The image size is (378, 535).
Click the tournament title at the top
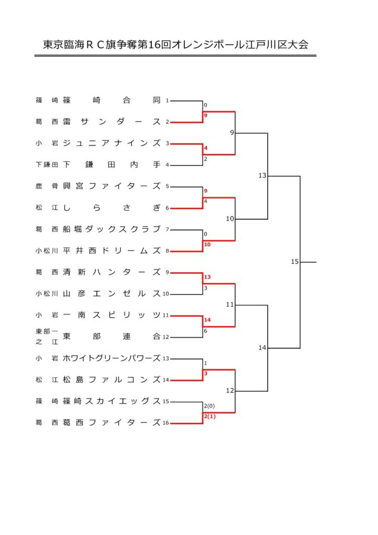[x=175, y=44]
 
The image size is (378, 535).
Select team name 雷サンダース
[x=112, y=121]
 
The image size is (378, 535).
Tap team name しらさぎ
[x=112, y=207]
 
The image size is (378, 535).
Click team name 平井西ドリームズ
[x=112, y=250]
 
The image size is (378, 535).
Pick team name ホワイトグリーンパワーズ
[x=112, y=358]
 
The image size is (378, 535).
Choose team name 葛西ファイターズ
[x=112, y=422]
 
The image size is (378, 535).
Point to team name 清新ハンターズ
[x=112, y=272]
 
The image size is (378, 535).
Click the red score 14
[x=207, y=320]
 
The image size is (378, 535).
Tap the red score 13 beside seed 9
[x=207, y=277]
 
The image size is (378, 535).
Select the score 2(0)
[x=209, y=405]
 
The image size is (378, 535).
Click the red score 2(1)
[x=209, y=416]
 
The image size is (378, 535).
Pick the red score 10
[x=207, y=245]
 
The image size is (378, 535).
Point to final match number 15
[x=294, y=261]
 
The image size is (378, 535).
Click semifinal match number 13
[x=262, y=176]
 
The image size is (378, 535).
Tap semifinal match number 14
[x=262, y=347]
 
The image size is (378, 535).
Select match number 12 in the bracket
[x=230, y=390]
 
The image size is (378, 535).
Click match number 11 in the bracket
[x=230, y=305]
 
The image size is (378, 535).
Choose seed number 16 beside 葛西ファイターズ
[x=166, y=423]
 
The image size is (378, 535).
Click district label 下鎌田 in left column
[x=46, y=165]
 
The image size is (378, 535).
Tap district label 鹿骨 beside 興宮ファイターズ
[x=46, y=186]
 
